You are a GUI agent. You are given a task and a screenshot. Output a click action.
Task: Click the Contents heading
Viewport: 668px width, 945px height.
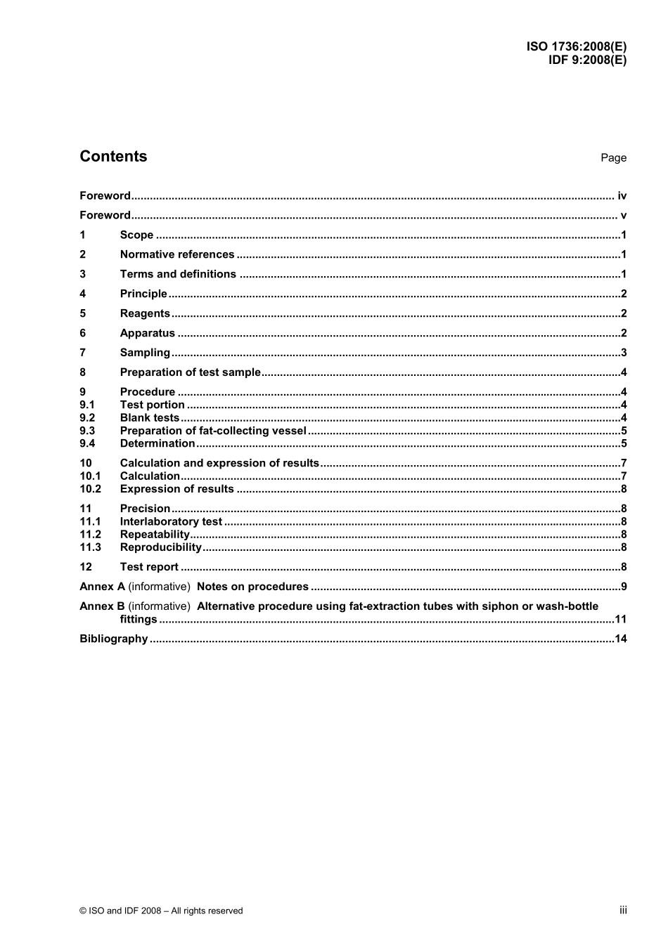tap(113, 156)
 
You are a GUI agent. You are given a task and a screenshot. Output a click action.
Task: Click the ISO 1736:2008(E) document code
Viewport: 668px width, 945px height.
tap(576, 47)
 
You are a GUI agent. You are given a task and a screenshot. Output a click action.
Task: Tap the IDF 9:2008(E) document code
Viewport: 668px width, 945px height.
tap(587, 60)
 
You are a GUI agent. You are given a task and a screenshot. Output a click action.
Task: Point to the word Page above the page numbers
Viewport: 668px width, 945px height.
tap(613, 158)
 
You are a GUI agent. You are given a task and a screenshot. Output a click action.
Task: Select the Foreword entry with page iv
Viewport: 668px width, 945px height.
tap(105, 196)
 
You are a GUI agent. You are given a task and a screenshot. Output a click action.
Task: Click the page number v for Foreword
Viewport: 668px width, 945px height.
tap(623, 216)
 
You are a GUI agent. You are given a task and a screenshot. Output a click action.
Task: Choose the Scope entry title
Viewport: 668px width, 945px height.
tap(136, 235)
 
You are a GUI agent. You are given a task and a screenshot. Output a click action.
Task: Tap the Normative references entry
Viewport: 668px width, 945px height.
tap(177, 255)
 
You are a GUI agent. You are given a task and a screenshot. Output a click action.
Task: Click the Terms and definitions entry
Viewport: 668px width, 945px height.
tap(178, 275)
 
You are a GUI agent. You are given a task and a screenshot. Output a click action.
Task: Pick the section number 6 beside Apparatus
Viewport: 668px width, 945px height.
tap(83, 333)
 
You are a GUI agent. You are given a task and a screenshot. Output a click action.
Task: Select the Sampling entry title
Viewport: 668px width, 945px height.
tap(145, 353)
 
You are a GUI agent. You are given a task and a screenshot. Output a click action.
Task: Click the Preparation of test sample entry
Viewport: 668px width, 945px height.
tap(190, 372)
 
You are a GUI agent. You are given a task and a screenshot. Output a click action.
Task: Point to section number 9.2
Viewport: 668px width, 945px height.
tap(87, 418)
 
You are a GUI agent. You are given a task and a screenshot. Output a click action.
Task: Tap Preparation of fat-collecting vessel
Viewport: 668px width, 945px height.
tap(213, 431)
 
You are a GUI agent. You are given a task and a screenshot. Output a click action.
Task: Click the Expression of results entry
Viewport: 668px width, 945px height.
tap(176, 489)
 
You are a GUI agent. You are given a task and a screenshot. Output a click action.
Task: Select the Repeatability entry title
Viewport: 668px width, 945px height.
tap(155, 535)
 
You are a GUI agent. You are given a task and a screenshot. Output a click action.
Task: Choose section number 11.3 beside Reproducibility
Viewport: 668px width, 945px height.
tap(90, 547)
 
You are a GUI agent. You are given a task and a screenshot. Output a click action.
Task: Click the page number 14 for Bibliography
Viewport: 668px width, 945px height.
tap(620, 639)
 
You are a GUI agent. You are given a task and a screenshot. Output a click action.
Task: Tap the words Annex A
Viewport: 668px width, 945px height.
tap(102, 587)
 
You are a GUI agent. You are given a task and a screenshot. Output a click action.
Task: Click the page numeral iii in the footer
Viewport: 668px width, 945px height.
tap(623, 910)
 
